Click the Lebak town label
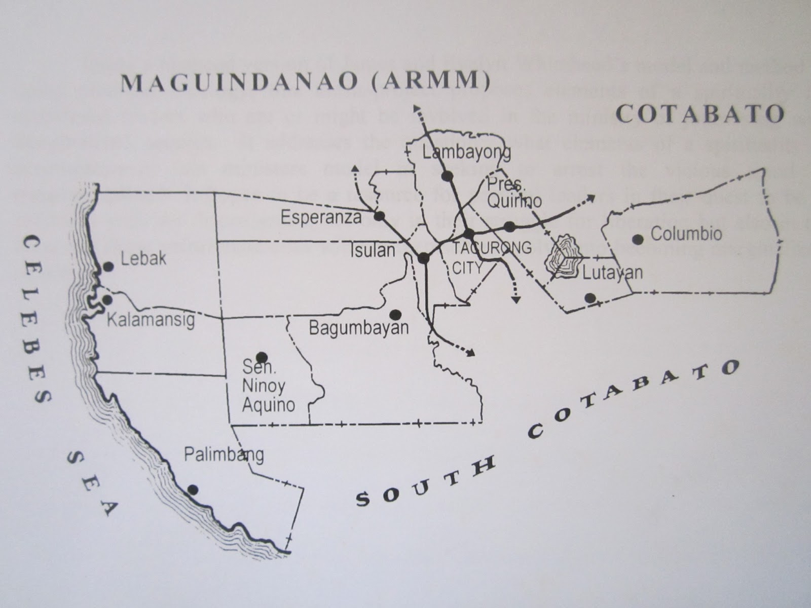143,258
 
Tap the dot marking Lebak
108,266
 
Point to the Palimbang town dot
193,489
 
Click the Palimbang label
224,454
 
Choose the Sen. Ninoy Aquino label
268,386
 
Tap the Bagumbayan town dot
396,314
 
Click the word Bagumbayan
358,328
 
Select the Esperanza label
321,218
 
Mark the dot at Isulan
424,258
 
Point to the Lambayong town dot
447,176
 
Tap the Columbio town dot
638,239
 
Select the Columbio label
686,234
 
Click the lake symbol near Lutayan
562,256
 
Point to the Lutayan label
612,273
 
